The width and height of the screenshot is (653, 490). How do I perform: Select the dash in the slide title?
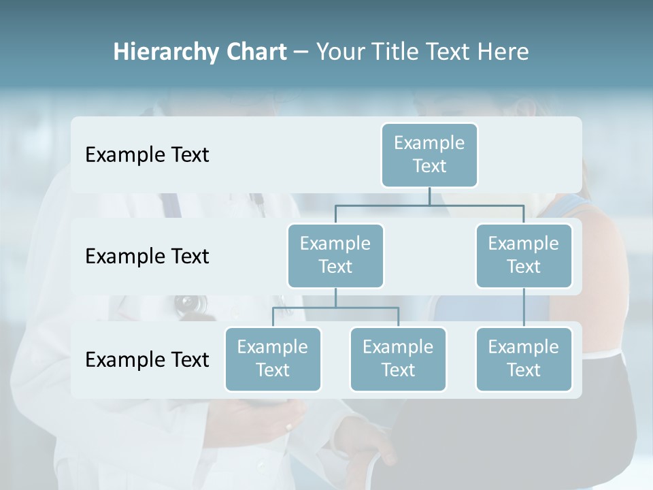[x=301, y=52]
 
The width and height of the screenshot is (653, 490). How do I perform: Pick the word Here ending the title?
[x=503, y=52]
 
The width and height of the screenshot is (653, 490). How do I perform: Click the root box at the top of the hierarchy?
[x=429, y=154]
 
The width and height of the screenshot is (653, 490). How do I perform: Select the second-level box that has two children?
[x=335, y=255]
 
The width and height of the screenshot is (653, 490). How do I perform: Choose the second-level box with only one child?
[x=524, y=255]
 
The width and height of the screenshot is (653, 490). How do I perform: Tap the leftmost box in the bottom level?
[x=273, y=359]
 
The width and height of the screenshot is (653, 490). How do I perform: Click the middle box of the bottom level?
[x=398, y=359]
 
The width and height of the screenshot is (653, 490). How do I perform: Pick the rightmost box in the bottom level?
[x=524, y=359]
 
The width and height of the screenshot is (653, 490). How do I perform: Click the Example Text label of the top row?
[x=147, y=155]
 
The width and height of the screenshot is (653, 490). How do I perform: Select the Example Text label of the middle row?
[x=147, y=257]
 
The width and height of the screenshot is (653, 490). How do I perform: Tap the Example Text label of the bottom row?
[x=147, y=359]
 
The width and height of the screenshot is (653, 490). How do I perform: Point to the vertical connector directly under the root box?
[x=429, y=196]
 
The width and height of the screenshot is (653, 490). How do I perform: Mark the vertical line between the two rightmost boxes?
[x=524, y=308]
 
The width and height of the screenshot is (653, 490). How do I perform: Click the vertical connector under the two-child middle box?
[x=335, y=297]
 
